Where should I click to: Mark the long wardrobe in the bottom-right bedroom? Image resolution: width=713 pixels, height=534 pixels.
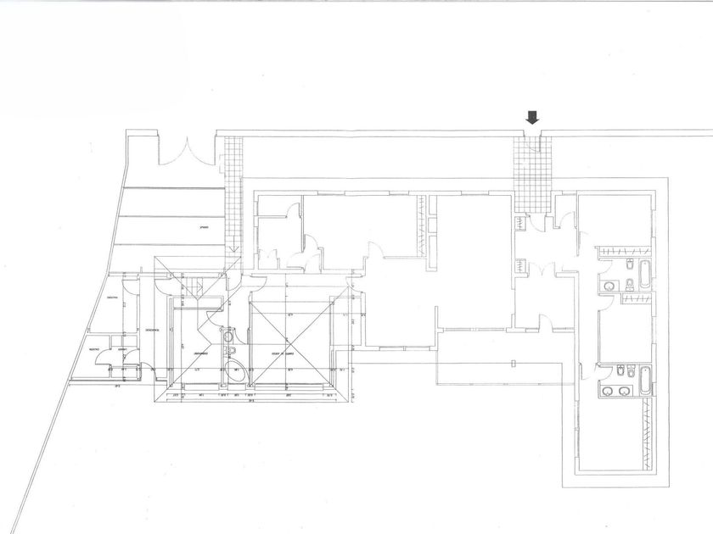pos(651,431)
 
